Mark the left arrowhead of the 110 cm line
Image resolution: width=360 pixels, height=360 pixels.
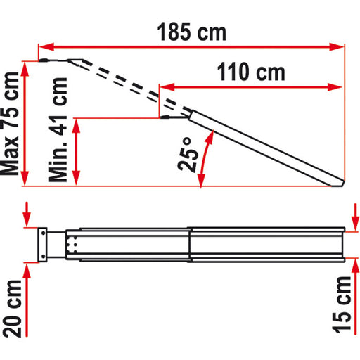click(165, 88)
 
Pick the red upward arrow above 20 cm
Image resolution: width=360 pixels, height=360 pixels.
click(26, 270)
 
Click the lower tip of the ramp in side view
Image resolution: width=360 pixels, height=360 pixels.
click(341, 186)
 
